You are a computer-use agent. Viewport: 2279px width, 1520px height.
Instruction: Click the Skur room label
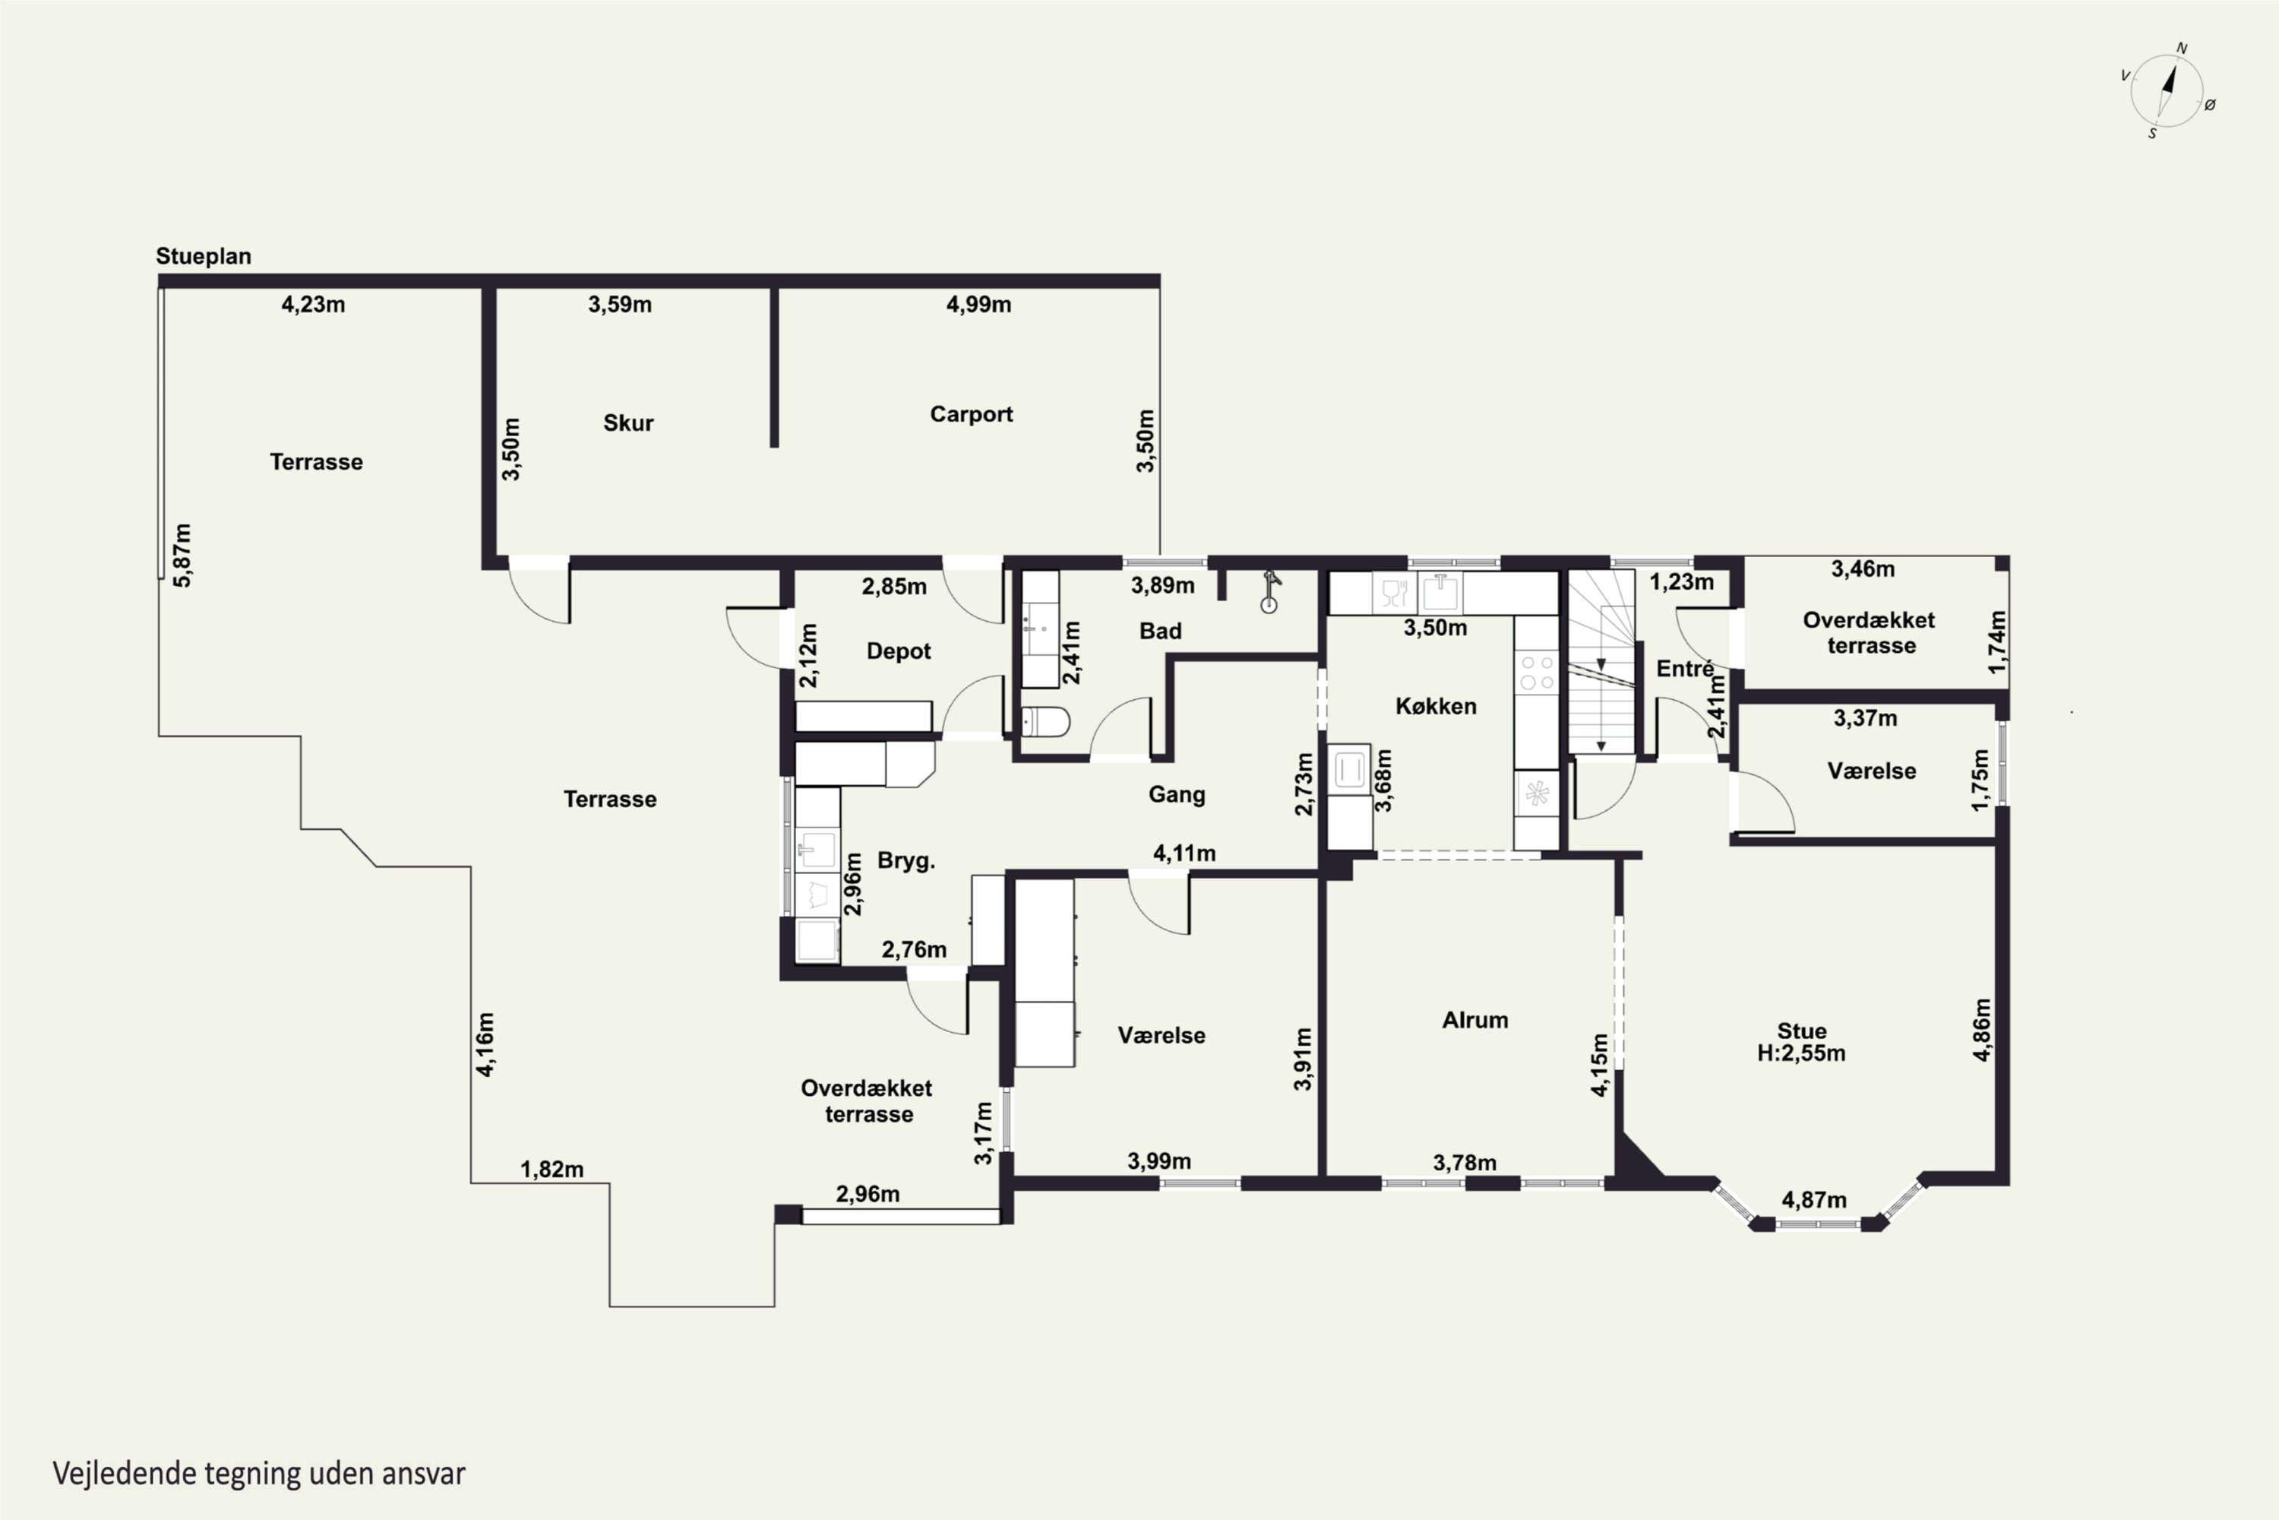pos(628,423)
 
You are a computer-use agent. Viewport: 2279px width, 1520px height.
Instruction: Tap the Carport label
pos(971,414)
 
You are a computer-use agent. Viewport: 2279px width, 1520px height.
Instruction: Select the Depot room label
pos(898,651)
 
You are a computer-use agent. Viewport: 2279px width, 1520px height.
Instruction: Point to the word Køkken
pos(1436,706)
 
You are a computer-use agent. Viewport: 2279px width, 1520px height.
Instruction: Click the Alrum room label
pos(1475,1020)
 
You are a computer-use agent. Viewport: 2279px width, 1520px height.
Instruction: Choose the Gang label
pos(1176,795)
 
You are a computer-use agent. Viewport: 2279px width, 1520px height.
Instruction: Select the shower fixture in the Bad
pos(1270,592)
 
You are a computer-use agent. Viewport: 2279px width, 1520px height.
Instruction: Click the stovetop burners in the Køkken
pos(1536,673)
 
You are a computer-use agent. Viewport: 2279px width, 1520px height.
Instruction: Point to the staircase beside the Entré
pos(1601,662)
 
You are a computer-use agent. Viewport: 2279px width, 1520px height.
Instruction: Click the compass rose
pos(2167,91)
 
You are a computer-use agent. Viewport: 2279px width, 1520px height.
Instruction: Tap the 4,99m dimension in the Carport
pos(978,305)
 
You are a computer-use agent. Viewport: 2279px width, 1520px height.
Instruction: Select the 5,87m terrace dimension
pos(182,556)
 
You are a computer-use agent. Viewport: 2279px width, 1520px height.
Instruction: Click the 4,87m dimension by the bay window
pos(1814,1200)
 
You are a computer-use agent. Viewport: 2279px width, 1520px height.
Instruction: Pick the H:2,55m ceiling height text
pos(1801,1053)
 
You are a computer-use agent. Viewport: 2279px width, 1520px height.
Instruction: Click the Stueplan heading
pos(204,257)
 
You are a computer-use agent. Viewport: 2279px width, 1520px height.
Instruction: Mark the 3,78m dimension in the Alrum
pos(1464,1162)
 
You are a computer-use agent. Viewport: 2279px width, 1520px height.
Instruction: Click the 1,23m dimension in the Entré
pos(1681,583)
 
